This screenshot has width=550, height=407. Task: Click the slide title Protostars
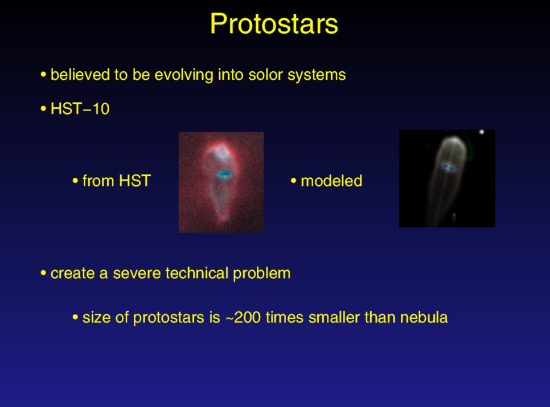274,24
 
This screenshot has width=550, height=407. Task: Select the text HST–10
80,108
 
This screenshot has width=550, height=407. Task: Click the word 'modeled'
331,181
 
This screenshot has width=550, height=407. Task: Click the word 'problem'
262,274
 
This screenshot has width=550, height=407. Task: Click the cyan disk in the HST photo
223,173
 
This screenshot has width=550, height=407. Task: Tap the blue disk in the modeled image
448,167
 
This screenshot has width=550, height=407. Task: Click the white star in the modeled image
482,132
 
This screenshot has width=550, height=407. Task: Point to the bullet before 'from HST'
75,181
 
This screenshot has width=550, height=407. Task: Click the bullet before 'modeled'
293,181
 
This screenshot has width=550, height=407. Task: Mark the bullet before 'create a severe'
43,273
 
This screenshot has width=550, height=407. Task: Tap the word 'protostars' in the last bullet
169,318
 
